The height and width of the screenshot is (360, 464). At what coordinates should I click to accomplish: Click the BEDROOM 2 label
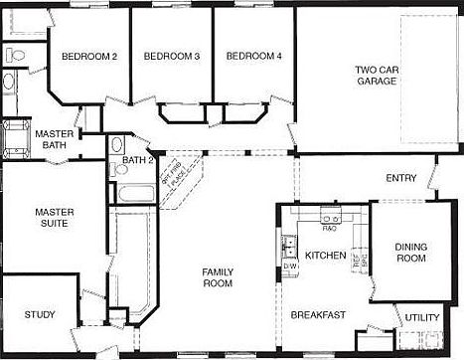tap(89, 57)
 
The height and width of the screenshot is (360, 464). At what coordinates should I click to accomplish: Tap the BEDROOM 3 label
tap(172, 57)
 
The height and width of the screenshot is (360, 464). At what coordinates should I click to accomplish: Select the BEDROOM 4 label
tap(254, 57)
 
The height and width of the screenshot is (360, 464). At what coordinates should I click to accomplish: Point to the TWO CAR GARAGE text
tap(378, 77)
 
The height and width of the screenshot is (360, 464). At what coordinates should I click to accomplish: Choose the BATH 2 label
tap(137, 160)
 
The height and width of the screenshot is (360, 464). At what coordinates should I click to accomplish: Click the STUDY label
tap(40, 315)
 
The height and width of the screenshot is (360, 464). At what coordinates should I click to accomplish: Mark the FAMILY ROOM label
tap(218, 277)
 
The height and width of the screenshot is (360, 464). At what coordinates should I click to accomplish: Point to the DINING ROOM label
tap(411, 253)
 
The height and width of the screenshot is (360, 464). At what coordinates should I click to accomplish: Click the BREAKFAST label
tap(318, 315)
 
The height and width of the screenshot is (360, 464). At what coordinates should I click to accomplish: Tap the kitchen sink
tap(288, 242)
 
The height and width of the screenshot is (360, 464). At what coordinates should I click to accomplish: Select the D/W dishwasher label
tap(290, 267)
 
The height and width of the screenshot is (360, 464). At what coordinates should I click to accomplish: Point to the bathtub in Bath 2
tap(133, 190)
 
